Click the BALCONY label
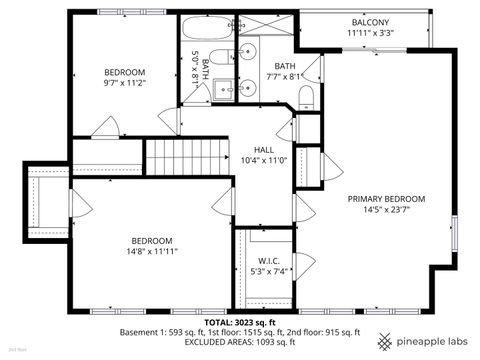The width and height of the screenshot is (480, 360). (370, 22)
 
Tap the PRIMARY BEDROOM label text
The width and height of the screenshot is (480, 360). (386, 198)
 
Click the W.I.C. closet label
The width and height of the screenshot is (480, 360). (266, 260)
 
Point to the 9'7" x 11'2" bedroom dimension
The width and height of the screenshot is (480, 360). (125, 85)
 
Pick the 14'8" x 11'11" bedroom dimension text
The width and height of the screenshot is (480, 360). (151, 254)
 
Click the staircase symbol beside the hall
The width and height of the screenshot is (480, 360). (189, 157)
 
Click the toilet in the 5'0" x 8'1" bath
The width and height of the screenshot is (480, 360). (222, 57)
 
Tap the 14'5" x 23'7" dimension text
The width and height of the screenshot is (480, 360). (386, 210)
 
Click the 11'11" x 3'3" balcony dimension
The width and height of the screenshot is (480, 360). (370, 34)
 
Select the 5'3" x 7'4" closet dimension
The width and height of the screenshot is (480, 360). (266, 272)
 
